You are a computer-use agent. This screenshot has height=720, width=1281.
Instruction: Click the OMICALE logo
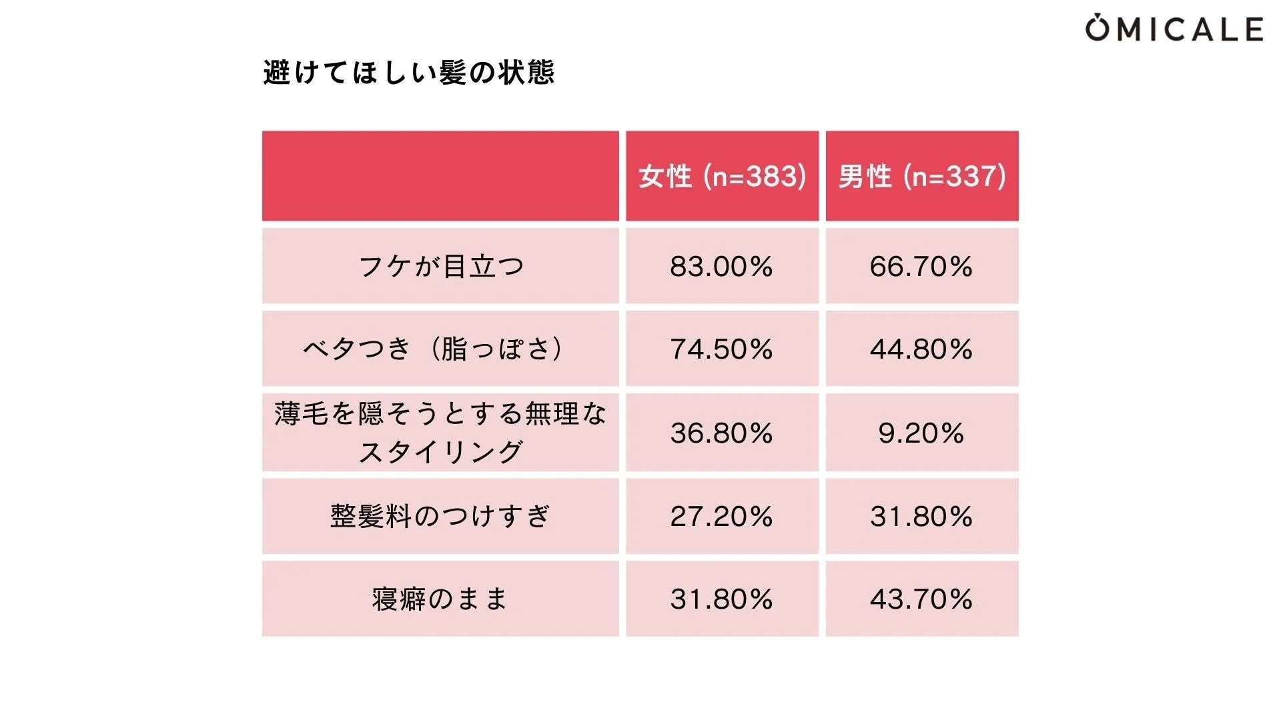click(x=1174, y=29)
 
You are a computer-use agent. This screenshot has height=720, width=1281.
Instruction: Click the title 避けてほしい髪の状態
click(x=408, y=72)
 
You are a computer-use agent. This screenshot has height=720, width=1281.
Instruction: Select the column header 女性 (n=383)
click(x=722, y=176)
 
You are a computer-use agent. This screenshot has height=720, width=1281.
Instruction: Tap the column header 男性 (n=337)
click(x=922, y=176)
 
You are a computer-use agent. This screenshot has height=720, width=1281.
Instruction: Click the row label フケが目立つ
click(x=440, y=266)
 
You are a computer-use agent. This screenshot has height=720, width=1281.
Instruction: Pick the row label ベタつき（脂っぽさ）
click(x=440, y=349)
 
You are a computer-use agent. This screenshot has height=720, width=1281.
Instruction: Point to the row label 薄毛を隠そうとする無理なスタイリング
click(x=440, y=432)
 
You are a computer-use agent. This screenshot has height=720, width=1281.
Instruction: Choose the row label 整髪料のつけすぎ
click(x=440, y=516)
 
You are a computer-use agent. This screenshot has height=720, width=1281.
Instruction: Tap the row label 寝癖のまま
click(x=440, y=599)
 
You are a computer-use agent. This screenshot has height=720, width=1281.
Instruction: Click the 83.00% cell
click(x=722, y=266)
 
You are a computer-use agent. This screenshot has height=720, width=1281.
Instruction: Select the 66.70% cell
click(x=922, y=266)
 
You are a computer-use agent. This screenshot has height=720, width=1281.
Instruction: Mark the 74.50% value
click(x=722, y=349)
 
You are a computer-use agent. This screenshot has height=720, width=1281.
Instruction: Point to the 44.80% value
click(x=922, y=349)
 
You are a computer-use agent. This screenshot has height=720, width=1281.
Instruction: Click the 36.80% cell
click(x=722, y=433)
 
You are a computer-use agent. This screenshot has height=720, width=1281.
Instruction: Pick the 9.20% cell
click(x=922, y=433)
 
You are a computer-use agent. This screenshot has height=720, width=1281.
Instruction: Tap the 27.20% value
click(x=722, y=516)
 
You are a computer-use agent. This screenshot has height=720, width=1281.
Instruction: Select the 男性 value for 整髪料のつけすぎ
click(x=922, y=516)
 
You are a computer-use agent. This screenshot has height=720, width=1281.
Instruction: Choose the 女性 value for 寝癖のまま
click(x=722, y=599)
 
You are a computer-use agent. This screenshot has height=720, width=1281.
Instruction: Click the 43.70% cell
click(x=922, y=599)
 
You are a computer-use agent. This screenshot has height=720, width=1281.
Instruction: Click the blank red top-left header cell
click(x=440, y=176)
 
